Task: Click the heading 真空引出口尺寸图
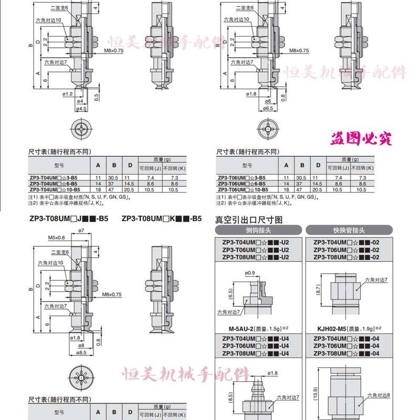249,219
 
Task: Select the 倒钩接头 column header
259,230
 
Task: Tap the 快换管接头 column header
350,230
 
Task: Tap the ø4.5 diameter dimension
80,109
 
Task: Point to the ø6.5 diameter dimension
268,109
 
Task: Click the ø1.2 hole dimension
67,94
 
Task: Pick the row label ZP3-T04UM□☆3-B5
55,178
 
